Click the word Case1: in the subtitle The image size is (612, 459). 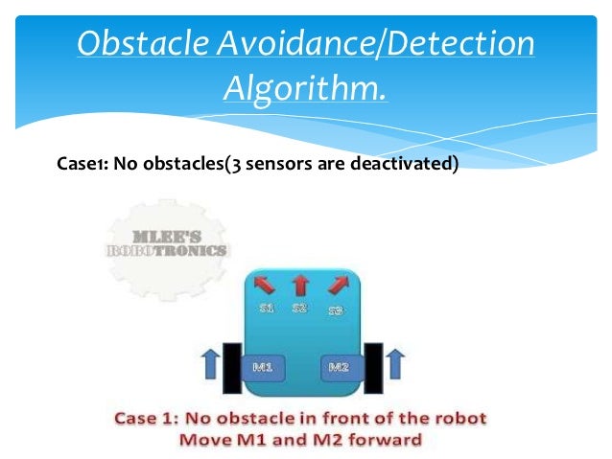tap(82, 163)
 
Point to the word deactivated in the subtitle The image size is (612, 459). tap(404, 163)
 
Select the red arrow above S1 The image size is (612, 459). tap(263, 285)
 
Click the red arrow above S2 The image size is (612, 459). tap(299, 285)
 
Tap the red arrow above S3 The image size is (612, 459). tap(337, 285)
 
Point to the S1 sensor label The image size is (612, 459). tap(268, 309)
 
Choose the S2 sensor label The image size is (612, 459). tap(299, 309)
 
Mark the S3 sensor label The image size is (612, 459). tap(335, 310)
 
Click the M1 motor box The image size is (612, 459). tap(265, 366)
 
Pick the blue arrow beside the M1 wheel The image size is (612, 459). tap(210, 364)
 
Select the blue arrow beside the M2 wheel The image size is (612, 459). tap(395, 364)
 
